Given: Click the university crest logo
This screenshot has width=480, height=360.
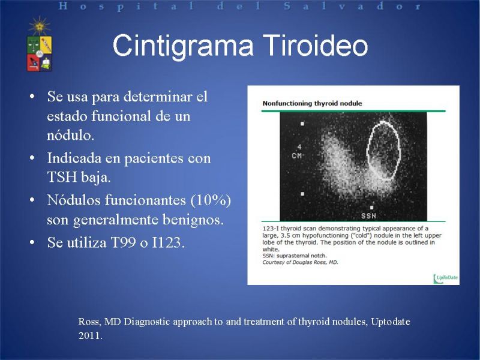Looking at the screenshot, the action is [x=40, y=44].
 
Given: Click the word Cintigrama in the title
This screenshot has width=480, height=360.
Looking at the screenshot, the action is [x=183, y=46].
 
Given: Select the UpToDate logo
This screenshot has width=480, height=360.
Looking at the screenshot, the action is [x=445, y=278].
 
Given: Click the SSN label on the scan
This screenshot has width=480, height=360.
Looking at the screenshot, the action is [x=368, y=216].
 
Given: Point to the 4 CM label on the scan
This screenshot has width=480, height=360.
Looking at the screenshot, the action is [x=297, y=152].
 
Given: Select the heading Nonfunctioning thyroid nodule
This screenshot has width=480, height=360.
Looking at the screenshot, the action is [x=312, y=103].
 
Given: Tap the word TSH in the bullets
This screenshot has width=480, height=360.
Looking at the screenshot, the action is [x=62, y=177].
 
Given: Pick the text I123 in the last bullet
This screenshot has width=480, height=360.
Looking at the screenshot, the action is [x=168, y=243].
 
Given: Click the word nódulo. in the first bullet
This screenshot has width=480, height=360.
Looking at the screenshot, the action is [x=70, y=135].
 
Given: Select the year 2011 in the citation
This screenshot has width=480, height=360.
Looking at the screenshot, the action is [x=90, y=336].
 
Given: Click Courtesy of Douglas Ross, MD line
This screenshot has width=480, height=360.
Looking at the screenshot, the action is [x=300, y=262].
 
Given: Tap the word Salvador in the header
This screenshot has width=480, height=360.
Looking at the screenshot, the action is [x=352, y=6].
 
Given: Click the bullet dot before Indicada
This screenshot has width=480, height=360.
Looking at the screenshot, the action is [x=32, y=158].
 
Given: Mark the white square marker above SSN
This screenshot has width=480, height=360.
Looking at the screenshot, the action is [x=371, y=208].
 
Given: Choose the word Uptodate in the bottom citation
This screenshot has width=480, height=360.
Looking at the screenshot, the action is [x=391, y=322].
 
